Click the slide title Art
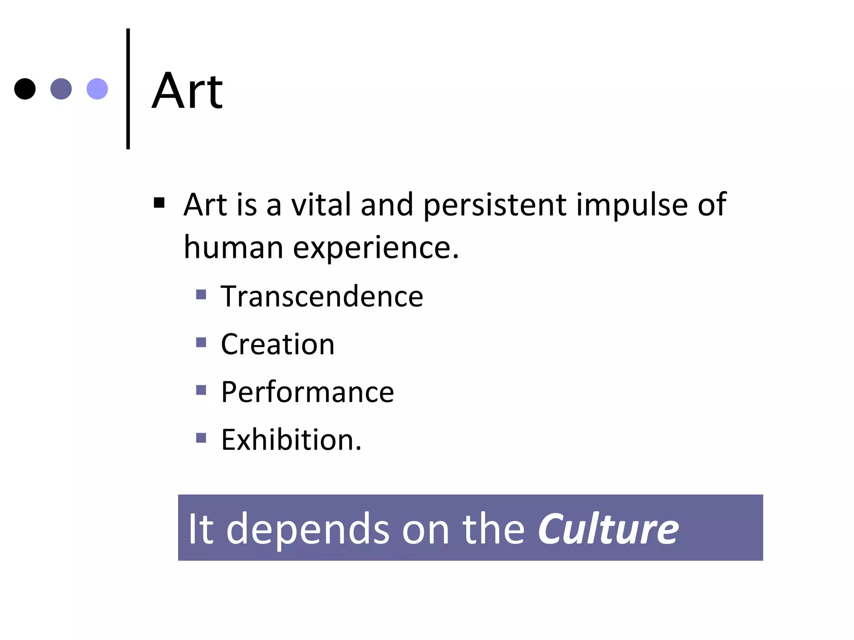187,91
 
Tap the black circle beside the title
25,89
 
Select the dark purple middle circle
61,89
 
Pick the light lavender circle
97,89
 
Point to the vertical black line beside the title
128,89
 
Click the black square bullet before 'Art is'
159,203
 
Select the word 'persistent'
495,205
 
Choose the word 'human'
234,247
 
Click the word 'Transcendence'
322,296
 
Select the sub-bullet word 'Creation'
278,344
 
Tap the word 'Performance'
307,392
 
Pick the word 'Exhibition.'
291,440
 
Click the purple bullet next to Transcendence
201,295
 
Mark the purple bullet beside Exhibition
201,438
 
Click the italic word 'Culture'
608,529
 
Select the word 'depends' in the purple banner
308,529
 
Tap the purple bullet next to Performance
201,390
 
